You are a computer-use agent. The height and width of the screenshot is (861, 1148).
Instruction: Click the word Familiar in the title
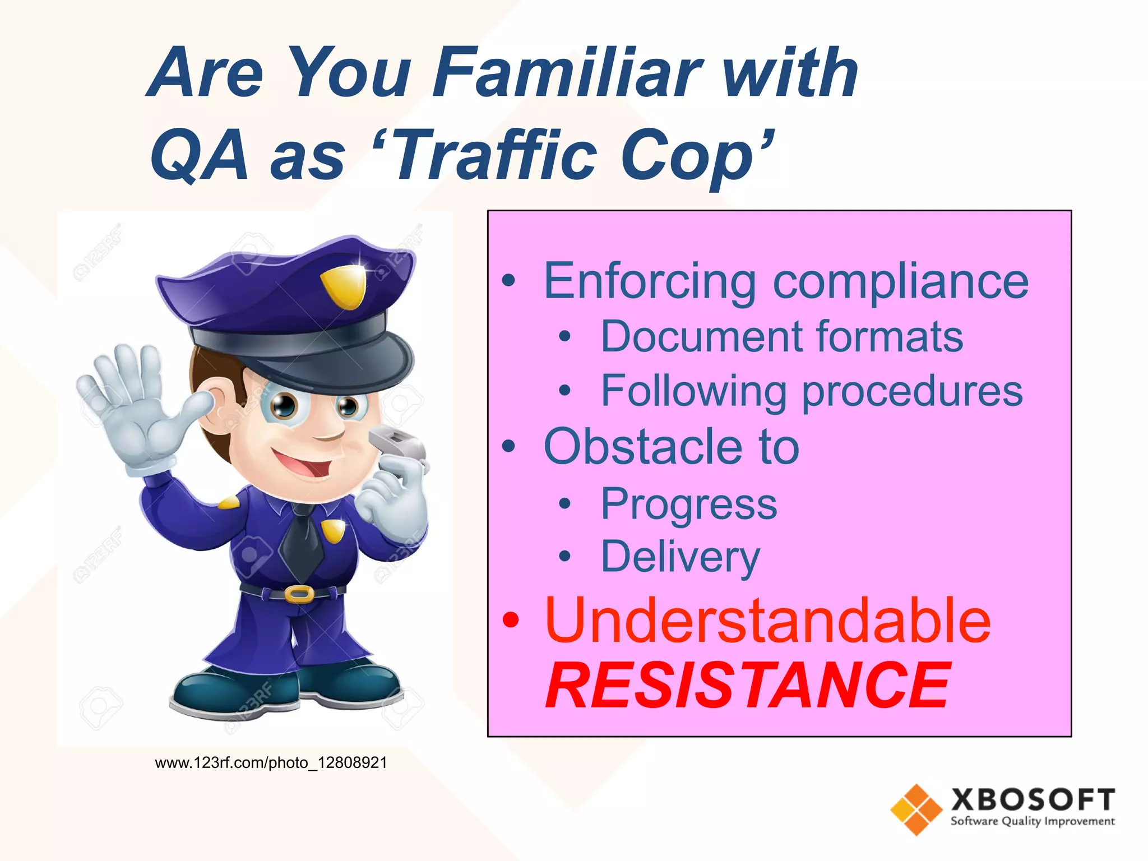(566, 73)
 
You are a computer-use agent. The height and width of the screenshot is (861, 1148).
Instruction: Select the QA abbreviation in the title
(199, 156)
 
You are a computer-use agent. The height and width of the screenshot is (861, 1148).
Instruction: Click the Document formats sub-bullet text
(781, 337)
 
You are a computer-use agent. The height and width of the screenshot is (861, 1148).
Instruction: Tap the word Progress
(689, 504)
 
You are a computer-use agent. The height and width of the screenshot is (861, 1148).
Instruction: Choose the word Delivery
(681, 557)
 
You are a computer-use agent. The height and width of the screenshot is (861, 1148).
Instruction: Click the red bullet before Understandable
(510, 620)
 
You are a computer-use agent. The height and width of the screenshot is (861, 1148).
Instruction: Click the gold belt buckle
(299, 594)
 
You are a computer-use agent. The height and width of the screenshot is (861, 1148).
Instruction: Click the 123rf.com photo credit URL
(271, 763)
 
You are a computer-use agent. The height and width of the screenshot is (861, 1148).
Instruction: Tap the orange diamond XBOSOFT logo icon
(916, 809)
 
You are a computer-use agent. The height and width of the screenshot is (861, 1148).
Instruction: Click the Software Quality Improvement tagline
(1032, 821)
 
